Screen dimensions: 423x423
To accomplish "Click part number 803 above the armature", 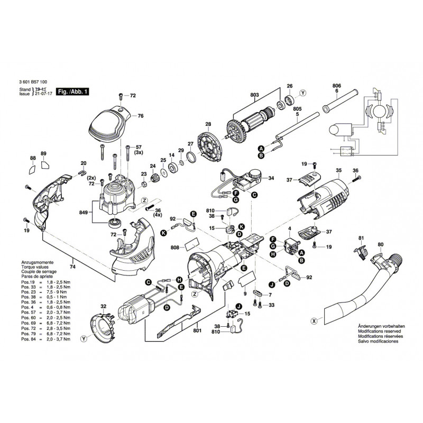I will (x=255, y=95).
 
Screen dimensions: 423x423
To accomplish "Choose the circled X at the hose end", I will (x=314, y=320).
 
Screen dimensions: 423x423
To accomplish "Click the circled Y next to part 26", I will (x=302, y=93).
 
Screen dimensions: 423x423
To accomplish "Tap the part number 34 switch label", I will (x=271, y=178).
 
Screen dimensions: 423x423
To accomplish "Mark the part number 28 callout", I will (x=208, y=124).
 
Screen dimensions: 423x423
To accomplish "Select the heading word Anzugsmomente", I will (x=36, y=262).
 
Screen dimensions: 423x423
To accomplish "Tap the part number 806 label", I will (x=337, y=86).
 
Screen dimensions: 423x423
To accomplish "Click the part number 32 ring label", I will (x=104, y=306).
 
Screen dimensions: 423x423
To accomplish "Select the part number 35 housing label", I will (x=338, y=170).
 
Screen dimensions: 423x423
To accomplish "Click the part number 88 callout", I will (x=33, y=158).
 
